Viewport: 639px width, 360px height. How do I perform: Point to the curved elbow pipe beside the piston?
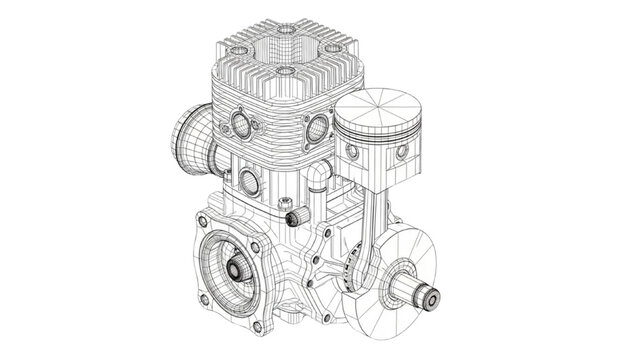[x=318, y=181]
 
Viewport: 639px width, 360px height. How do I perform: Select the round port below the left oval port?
[x=247, y=181]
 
